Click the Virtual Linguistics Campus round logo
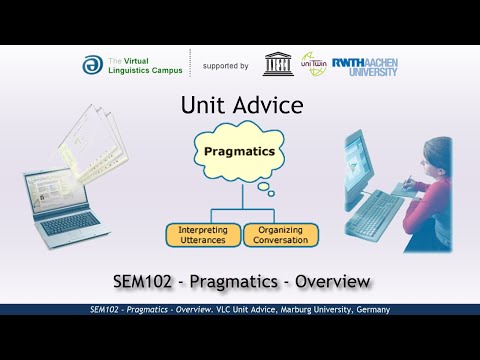tap(92, 65)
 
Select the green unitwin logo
tap(314, 65)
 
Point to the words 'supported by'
tap(225, 66)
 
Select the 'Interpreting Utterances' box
tap(203, 234)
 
